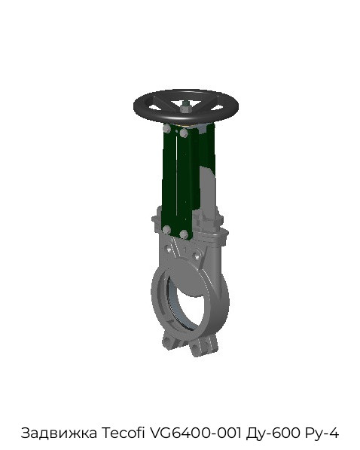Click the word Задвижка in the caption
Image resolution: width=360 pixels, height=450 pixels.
(59, 433)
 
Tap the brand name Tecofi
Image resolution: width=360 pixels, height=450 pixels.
(123, 433)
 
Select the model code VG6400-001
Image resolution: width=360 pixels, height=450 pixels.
(195, 433)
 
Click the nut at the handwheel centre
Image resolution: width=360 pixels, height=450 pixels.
(185, 108)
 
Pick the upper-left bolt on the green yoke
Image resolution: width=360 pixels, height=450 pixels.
(166, 129)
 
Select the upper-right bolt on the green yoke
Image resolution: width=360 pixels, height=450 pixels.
(184, 133)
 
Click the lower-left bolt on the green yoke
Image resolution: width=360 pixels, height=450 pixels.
(166, 230)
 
